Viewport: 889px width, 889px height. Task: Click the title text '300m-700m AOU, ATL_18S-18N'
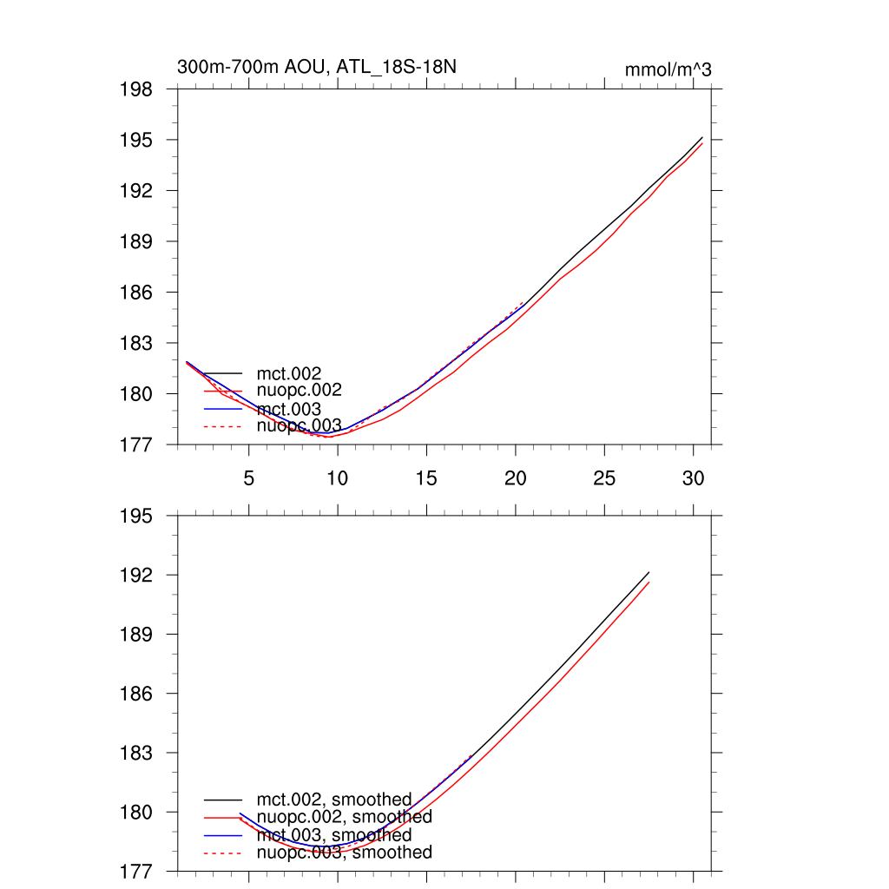point(317,67)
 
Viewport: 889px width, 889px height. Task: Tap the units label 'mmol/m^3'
point(668,69)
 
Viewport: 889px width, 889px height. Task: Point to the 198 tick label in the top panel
point(137,89)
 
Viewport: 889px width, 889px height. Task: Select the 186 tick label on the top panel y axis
point(137,293)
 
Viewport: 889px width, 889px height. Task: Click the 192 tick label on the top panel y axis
point(137,191)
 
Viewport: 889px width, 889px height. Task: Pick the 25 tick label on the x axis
point(604,478)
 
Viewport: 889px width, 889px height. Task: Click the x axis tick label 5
point(249,478)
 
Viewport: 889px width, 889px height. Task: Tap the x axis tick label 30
point(693,478)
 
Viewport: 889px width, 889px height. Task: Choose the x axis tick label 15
point(426,478)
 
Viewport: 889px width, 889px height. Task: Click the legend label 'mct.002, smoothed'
point(334,800)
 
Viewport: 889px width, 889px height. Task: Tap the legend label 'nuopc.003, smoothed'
point(344,853)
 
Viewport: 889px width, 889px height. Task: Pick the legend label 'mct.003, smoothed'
point(334,835)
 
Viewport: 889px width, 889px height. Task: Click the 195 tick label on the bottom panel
point(137,517)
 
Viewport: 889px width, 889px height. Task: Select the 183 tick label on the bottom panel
point(137,754)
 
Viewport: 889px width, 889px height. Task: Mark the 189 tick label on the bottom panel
point(137,635)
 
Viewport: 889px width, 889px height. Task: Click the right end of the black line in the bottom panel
point(649,573)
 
